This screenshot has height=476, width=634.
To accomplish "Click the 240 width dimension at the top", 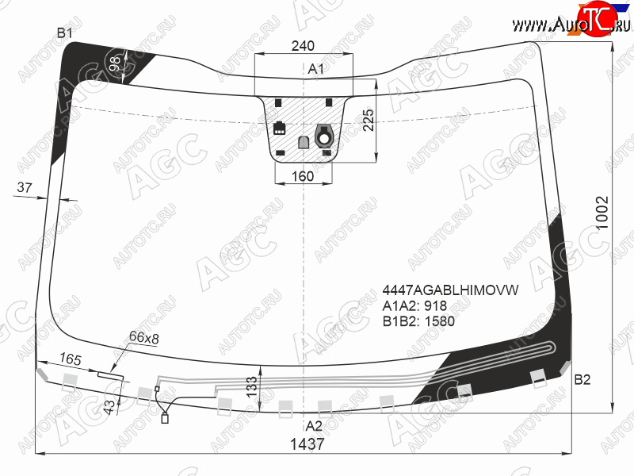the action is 303,46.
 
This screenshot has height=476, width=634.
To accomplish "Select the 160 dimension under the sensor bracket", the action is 303,176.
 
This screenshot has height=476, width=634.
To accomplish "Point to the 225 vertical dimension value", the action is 369,120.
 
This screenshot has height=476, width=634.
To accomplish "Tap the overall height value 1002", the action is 602,213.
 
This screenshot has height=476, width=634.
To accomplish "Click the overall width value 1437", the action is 307,444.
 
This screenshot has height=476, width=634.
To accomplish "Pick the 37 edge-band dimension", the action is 25,187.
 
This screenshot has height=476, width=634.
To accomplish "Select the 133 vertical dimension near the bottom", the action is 251,387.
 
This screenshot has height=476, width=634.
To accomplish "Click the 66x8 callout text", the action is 144,337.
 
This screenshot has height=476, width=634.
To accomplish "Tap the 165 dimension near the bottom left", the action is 71,359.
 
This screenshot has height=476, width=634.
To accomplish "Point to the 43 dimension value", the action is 109,407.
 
